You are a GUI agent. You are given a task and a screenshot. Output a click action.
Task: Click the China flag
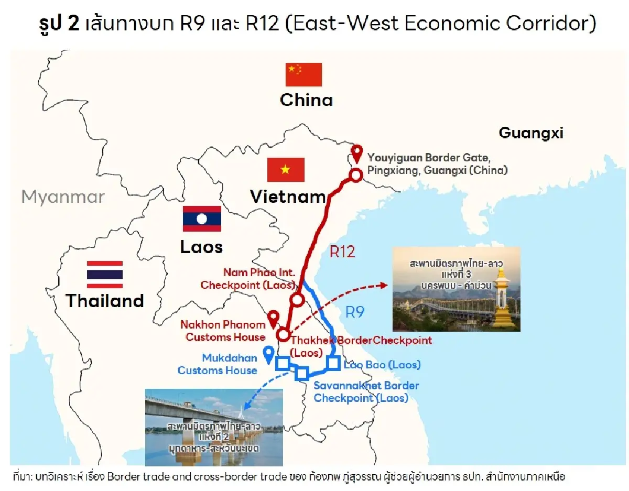(x=303, y=74)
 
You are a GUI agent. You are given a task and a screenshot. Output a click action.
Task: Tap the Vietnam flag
(x=286, y=169)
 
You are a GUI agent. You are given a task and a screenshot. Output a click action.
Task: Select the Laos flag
(x=202, y=219)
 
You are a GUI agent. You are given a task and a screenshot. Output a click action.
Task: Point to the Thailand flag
(x=105, y=274)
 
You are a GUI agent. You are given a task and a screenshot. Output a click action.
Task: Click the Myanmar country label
(x=63, y=197)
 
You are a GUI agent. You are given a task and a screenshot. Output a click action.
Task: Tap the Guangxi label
(x=530, y=133)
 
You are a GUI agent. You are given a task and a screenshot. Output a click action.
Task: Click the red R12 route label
(x=342, y=252)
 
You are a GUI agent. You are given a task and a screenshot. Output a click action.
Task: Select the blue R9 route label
(x=355, y=313)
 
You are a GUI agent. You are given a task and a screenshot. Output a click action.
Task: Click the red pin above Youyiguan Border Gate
(x=357, y=153)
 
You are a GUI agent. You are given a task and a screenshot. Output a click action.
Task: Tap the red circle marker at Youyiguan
(x=356, y=175)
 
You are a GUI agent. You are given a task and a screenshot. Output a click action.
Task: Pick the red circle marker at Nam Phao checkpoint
(x=297, y=300)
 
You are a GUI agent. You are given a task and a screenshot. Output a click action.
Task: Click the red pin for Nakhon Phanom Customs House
(x=273, y=318)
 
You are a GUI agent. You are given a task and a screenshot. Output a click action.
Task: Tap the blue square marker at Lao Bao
(x=332, y=362)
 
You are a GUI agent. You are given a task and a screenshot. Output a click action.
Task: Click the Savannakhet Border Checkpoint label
(x=366, y=392)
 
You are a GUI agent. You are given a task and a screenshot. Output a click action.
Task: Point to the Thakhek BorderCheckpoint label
(x=361, y=341)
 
